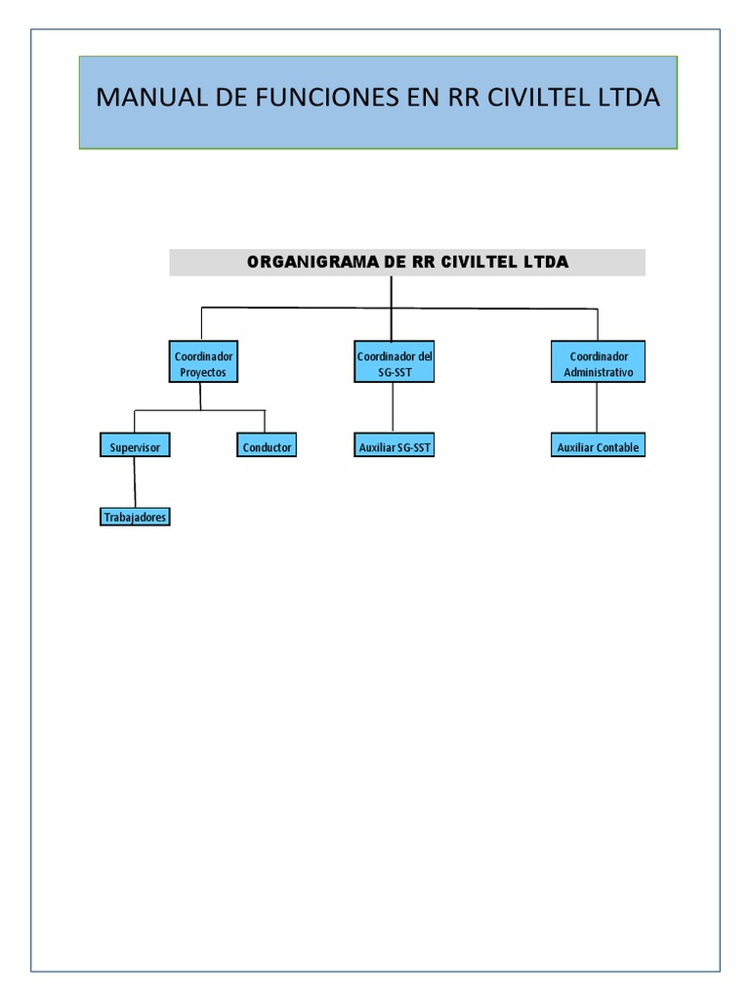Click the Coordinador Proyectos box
[203, 364]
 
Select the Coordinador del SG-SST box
[394, 364]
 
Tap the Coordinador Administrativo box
[598, 364]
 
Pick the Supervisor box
[135, 446]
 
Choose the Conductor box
[267, 446]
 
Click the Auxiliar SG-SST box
[394, 447]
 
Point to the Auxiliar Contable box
[598, 447]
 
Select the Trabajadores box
[135, 517]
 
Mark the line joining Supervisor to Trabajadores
[135, 482]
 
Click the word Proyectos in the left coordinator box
[203, 373]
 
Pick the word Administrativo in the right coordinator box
[598, 373]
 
